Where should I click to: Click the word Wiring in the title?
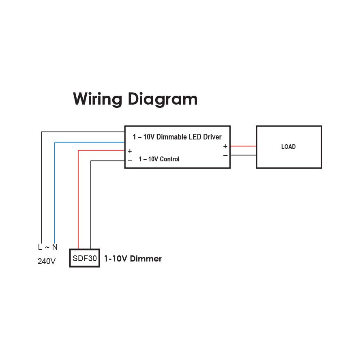tap(97, 99)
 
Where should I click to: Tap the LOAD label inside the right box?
tap(288, 147)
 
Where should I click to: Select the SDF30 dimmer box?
tap(84, 258)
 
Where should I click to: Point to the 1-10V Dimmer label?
tap(133, 259)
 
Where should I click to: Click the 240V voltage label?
tap(47, 261)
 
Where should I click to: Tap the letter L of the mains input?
tap(40, 247)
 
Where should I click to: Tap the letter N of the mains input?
tap(55, 247)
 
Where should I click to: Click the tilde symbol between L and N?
tap(47, 247)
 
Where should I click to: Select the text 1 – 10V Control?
tap(159, 159)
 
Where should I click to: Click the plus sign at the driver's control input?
tap(130, 151)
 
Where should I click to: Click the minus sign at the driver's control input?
tap(130, 160)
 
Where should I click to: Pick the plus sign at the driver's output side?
tap(225, 146)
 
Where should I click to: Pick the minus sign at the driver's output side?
tap(225, 155)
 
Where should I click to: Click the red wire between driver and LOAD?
tap(243, 146)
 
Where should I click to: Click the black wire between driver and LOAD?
tap(243, 155)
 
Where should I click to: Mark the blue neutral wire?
tap(55, 191)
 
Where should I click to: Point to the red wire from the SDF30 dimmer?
tap(78, 199)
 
